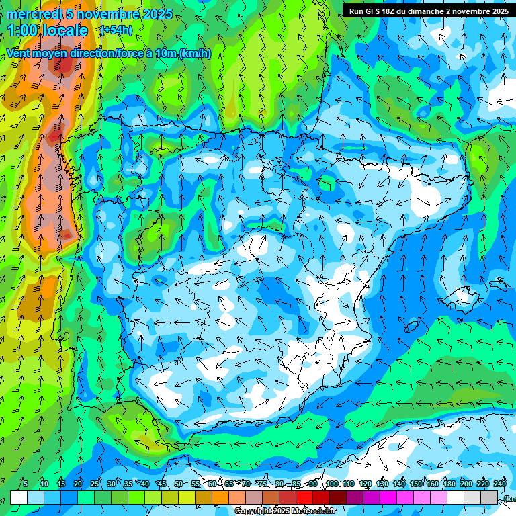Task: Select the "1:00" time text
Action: pyautogui.click(x=23, y=30)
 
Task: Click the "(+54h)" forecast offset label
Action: pyautogui.click(x=117, y=30)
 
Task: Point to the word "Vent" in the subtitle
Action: pyautogui.click(x=19, y=53)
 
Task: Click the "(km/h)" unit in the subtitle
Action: pyautogui.click(x=196, y=53)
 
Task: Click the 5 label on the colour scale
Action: pyautogui.click(x=26, y=484)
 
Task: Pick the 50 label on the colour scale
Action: pyautogui.click(x=178, y=484)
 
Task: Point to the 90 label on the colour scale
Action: pyautogui.click(x=313, y=484)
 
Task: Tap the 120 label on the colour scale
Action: pyautogui.click(x=365, y=484)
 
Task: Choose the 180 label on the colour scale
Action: pyautogui.click(x=449, y=484)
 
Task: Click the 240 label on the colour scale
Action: pyautogui.click(x=499, y=484)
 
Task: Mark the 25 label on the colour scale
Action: pyautogui.click(x=95, y=484)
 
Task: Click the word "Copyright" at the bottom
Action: pyautogui.click(x=254, y=511)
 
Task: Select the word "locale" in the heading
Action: pyautogui.click(x=64, y=30)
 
